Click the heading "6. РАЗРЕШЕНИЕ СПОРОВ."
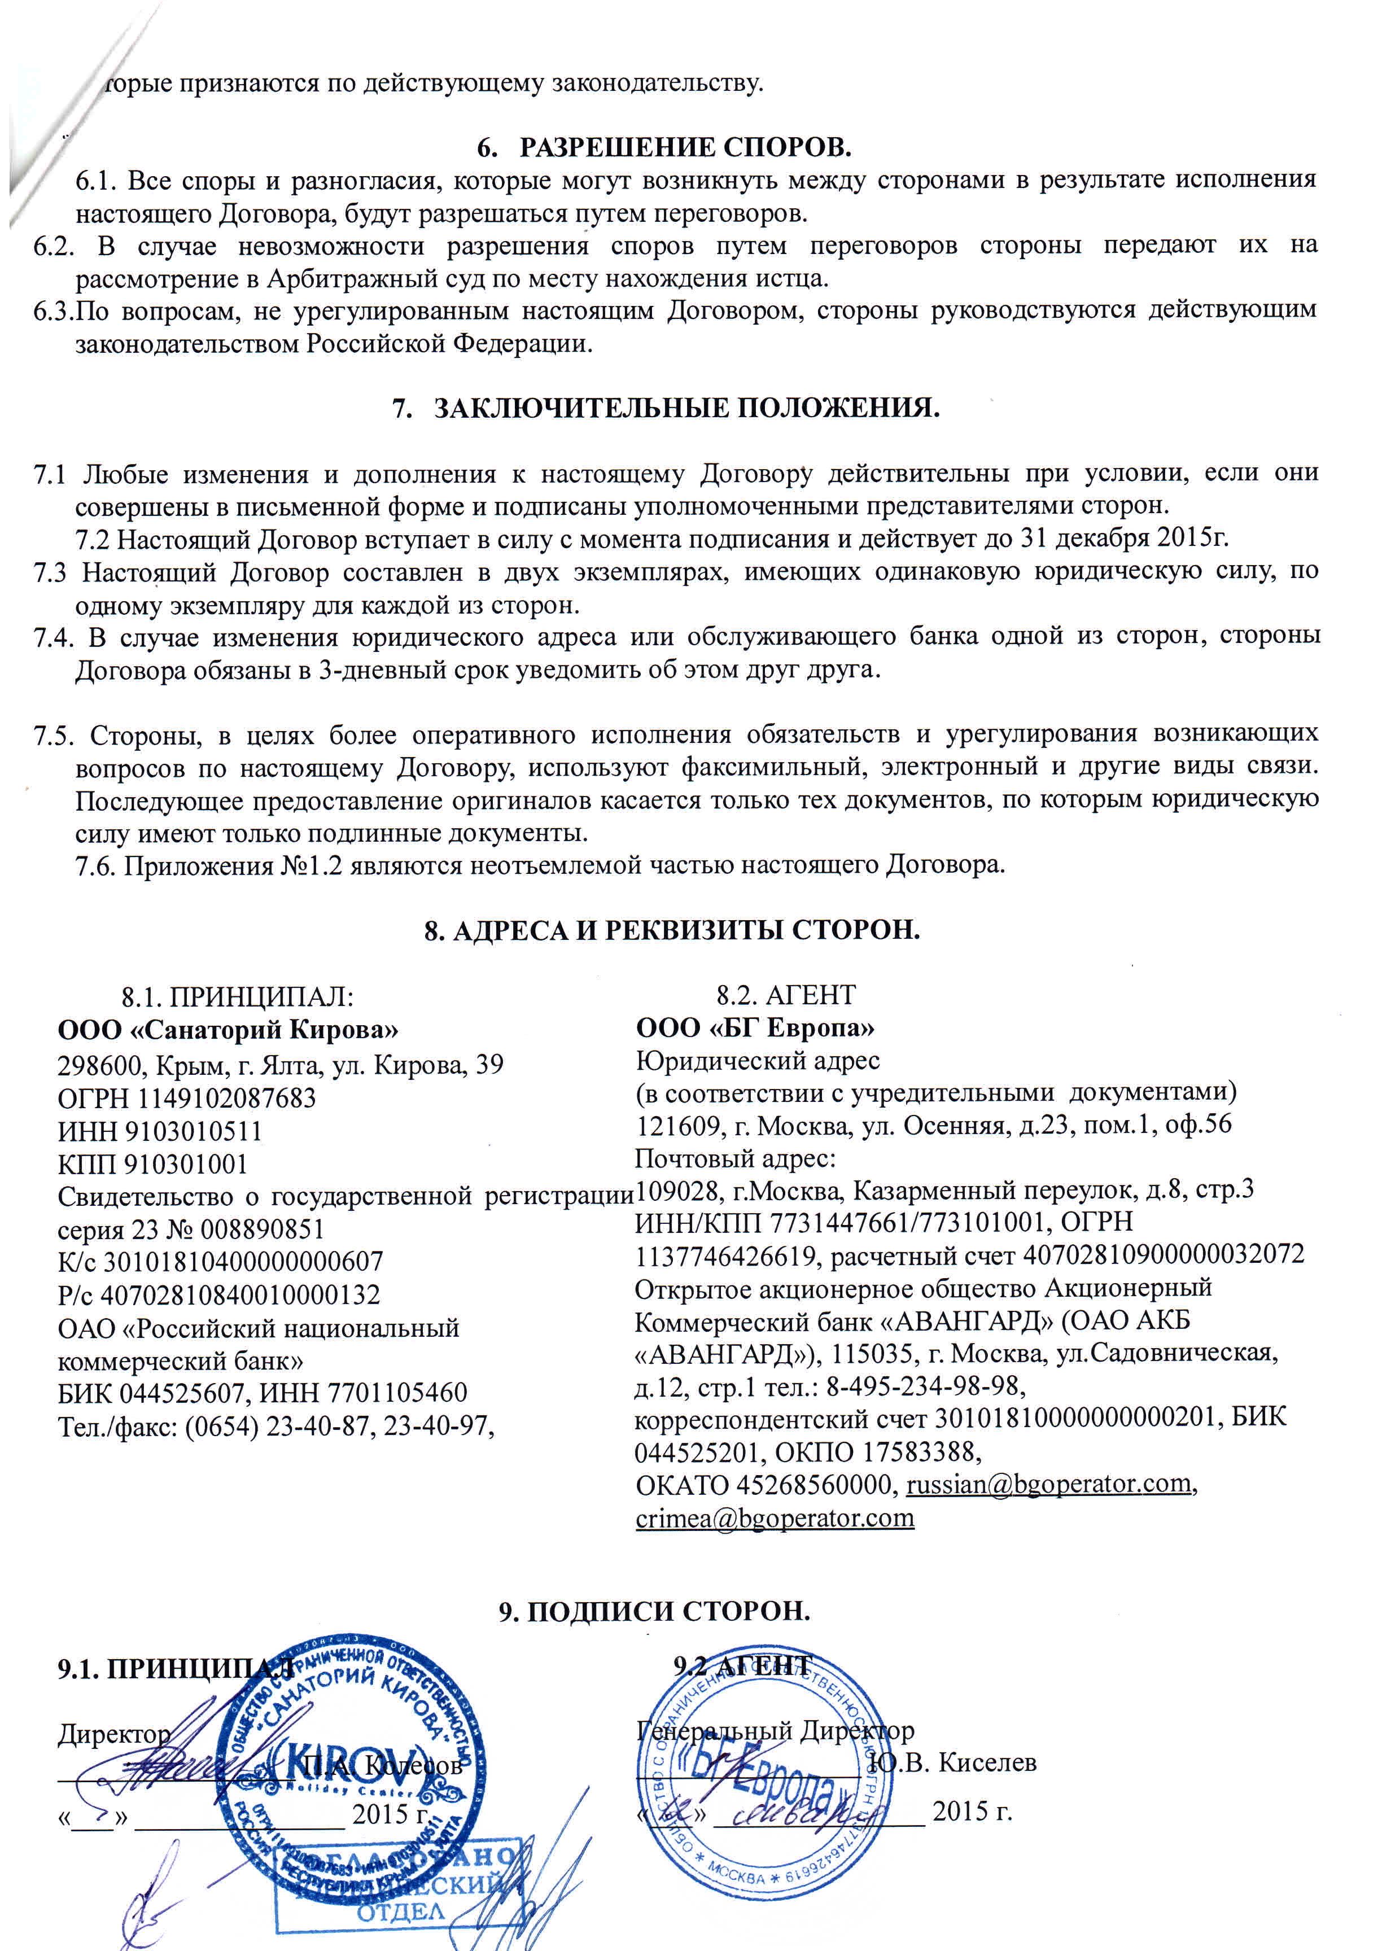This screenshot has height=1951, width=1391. [x=664, y=147]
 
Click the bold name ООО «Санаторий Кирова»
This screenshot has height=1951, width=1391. [x=228, y=1028]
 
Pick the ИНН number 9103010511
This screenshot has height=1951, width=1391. [x=194, y=1131]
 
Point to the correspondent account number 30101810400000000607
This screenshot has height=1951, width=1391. [x=243, y=1262]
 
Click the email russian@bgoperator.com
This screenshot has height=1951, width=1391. [x=1048, y=1484]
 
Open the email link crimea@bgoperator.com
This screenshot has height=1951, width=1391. [x=775, y=1517]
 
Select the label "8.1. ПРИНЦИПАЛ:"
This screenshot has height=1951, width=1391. [x=237, y=996]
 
